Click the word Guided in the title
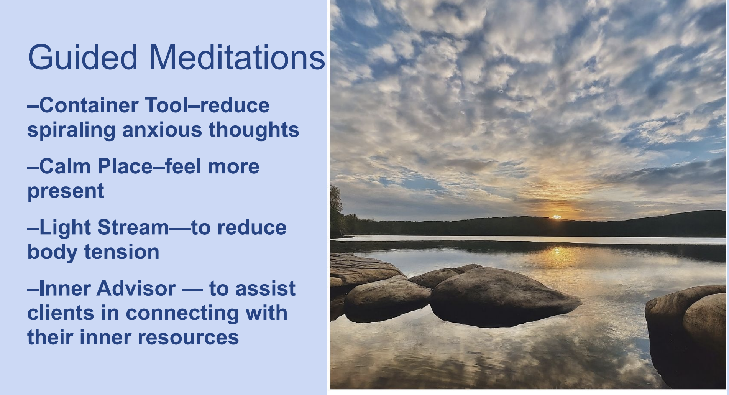coord(82,58)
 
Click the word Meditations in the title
coord(237,58)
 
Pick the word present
coord(66,191)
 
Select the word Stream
coord(133,227)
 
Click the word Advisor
coord(136,288)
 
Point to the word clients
coord(61,313)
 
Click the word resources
coord(188,337)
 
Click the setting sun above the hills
coord(557,217)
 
